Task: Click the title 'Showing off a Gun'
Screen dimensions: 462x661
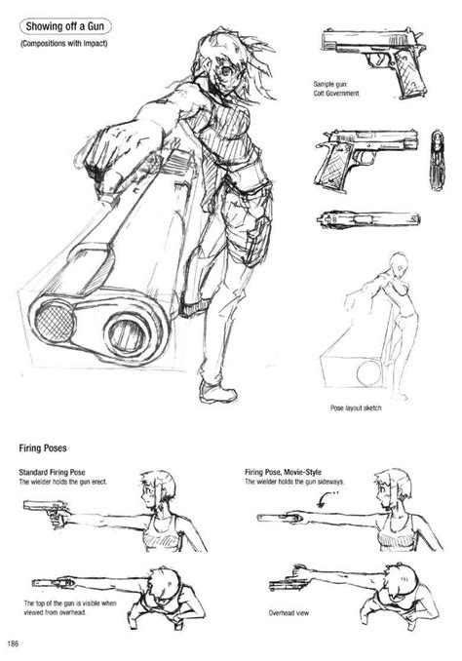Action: (x=65, y=26)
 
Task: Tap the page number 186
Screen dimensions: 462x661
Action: (x=13, y=643)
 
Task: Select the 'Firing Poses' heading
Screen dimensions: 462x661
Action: (x=43, y=447)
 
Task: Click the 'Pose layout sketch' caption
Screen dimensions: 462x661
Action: (x=356, y=408)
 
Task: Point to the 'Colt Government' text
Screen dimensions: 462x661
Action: (x=336, y=94)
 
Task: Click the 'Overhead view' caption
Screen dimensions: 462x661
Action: (x=289, y=612)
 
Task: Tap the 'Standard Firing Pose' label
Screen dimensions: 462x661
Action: (x=52, y=472)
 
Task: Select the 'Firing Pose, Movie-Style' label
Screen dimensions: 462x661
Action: (x=283, y=472)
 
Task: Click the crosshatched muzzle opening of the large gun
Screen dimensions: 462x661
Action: (x=54, y=322)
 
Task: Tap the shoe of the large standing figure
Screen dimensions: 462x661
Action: (x=216, y=392)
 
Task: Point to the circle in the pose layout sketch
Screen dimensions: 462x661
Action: (x=368, y=373)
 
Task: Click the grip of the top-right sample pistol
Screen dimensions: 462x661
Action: (x=408, y=78)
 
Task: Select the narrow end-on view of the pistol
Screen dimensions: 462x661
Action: (x=437, y=160)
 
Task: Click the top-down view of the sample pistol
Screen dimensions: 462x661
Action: (x=368, y=219)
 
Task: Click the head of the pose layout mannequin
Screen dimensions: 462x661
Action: (x=398, y=262)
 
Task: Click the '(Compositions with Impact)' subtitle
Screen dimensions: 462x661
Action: (x=63, y=43)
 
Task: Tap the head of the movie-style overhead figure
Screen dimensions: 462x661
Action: (x=401, y=580)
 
